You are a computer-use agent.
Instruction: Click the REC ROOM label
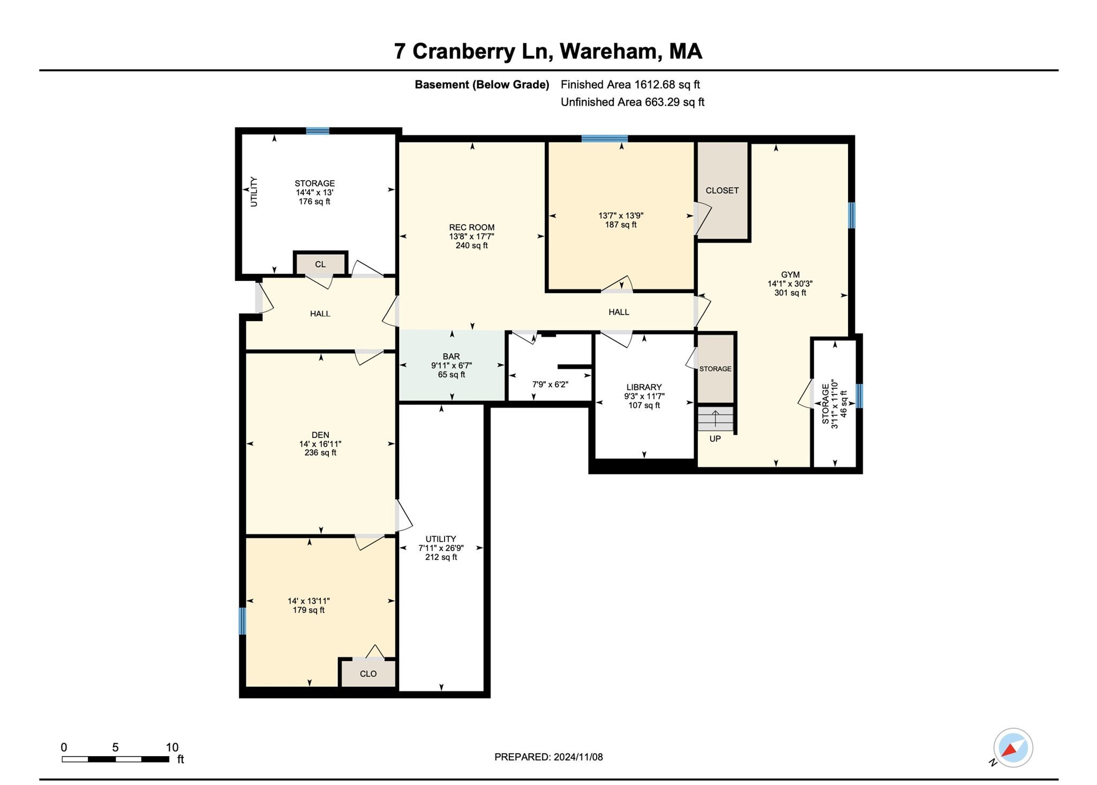(471, 227)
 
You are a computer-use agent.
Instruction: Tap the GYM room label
(790, 275)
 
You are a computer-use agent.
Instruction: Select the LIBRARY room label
(644, 387)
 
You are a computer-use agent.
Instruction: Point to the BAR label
(451, 357)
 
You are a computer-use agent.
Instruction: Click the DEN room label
(320, 435)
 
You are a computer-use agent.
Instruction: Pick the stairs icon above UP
(715, 419)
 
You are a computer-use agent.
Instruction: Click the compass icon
(1012, 748)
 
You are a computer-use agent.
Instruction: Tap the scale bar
(115, 759)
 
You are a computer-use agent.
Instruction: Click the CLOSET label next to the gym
(722, 190)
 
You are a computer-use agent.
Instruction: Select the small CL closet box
(320, 264)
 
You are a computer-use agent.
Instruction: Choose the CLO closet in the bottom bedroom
(368, 674)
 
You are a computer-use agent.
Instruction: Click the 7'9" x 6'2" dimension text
(550, 384)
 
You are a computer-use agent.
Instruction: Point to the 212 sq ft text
(441, 557)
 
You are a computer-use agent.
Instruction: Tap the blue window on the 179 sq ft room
(242, 621)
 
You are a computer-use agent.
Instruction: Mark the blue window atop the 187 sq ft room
(604, 138)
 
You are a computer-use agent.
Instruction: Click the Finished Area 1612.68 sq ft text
(630, 85)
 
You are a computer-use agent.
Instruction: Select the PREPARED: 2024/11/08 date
(548, 757)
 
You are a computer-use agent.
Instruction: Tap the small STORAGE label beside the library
(715, 369)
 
